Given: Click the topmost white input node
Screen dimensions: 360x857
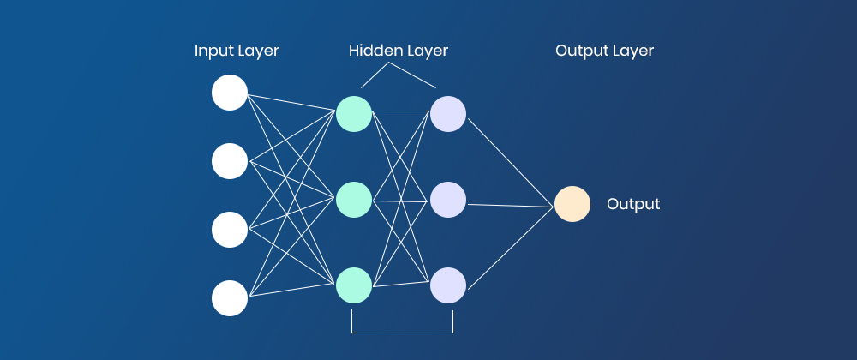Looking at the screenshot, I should click(x=230, y=93).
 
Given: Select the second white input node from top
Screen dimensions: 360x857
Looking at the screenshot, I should click(x=230, y=161).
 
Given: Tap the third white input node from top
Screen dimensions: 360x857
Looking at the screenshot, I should click(x=230, y=230).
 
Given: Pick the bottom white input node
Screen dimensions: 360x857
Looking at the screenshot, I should click(x=230, y=298).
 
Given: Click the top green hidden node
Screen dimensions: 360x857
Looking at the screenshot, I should click(x=354, y=114).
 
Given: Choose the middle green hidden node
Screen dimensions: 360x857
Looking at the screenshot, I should click(x=354, y=200).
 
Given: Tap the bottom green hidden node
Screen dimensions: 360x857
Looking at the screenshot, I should click(x=354, y=285).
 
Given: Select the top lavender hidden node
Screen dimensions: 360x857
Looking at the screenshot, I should click(x=448, y=114).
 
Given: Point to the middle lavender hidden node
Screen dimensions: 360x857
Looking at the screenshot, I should click(x=448, y=200).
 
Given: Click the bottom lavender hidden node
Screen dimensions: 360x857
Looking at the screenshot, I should click(x=448, y=285).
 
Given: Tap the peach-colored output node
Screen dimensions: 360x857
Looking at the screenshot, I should click(x=572, y=204).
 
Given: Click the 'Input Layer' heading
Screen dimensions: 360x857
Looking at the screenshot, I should click(x=237, y=51).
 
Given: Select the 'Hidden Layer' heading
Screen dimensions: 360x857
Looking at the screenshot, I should click(x=399, y=51).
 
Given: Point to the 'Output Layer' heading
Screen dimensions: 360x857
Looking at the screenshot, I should click(x=604, y=51).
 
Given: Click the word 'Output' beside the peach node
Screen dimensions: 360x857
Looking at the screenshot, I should click(x=633, y=204).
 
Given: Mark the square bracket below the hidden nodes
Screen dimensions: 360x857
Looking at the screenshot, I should click(x=402, y=332).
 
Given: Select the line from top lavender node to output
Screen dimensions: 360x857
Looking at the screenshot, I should click(x=510, y=162).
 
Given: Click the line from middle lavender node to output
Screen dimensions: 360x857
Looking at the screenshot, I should click(x=510, y=205).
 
